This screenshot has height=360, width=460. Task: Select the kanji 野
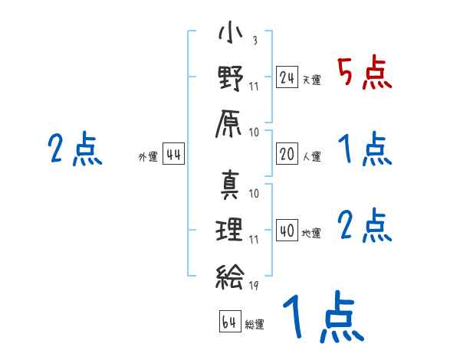(230, 78)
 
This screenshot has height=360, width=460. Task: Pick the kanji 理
(230, 230)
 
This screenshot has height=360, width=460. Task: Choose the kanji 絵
(230, 272)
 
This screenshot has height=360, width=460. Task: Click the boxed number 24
(287, 77)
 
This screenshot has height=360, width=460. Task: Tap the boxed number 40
(287, 231)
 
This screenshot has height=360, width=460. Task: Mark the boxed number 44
(174, 155)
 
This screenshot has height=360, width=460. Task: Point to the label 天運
(311, 80)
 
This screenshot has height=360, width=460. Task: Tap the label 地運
(311, 233)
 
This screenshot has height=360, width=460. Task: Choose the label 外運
(148, 157)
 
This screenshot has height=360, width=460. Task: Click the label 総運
(255, 324)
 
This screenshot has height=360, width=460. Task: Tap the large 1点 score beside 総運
(322, 318)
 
